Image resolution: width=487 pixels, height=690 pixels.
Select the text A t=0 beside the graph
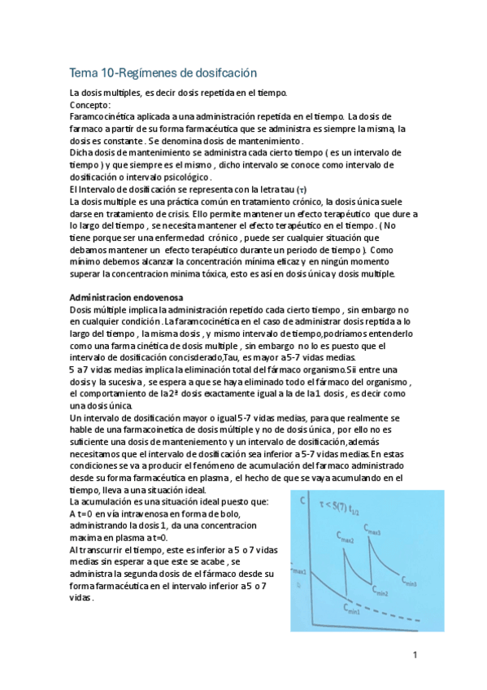tap(83, 515)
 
